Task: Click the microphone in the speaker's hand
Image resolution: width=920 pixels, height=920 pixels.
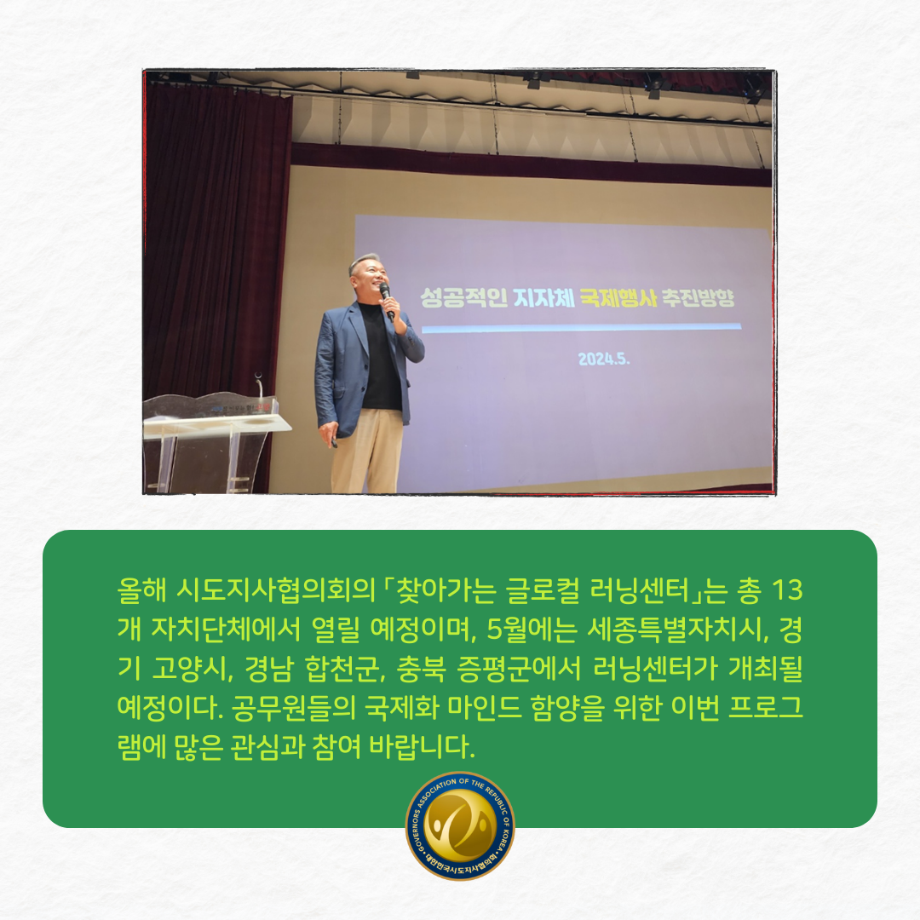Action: tap(386, 301)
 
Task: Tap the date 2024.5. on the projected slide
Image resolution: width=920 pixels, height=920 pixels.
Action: tap(604, 359)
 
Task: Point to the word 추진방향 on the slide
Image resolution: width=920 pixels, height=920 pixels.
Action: tap(699, 298)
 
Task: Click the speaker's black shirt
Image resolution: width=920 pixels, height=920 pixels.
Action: tap(380, 358)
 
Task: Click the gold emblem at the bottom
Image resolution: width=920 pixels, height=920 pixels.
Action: tap(460, 825)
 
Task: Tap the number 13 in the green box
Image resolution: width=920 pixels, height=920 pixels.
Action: tap(787, 590)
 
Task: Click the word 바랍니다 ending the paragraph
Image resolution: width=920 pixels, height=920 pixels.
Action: tap(422, 747)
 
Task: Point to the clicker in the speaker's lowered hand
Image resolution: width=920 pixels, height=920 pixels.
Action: tap(334, 442)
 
